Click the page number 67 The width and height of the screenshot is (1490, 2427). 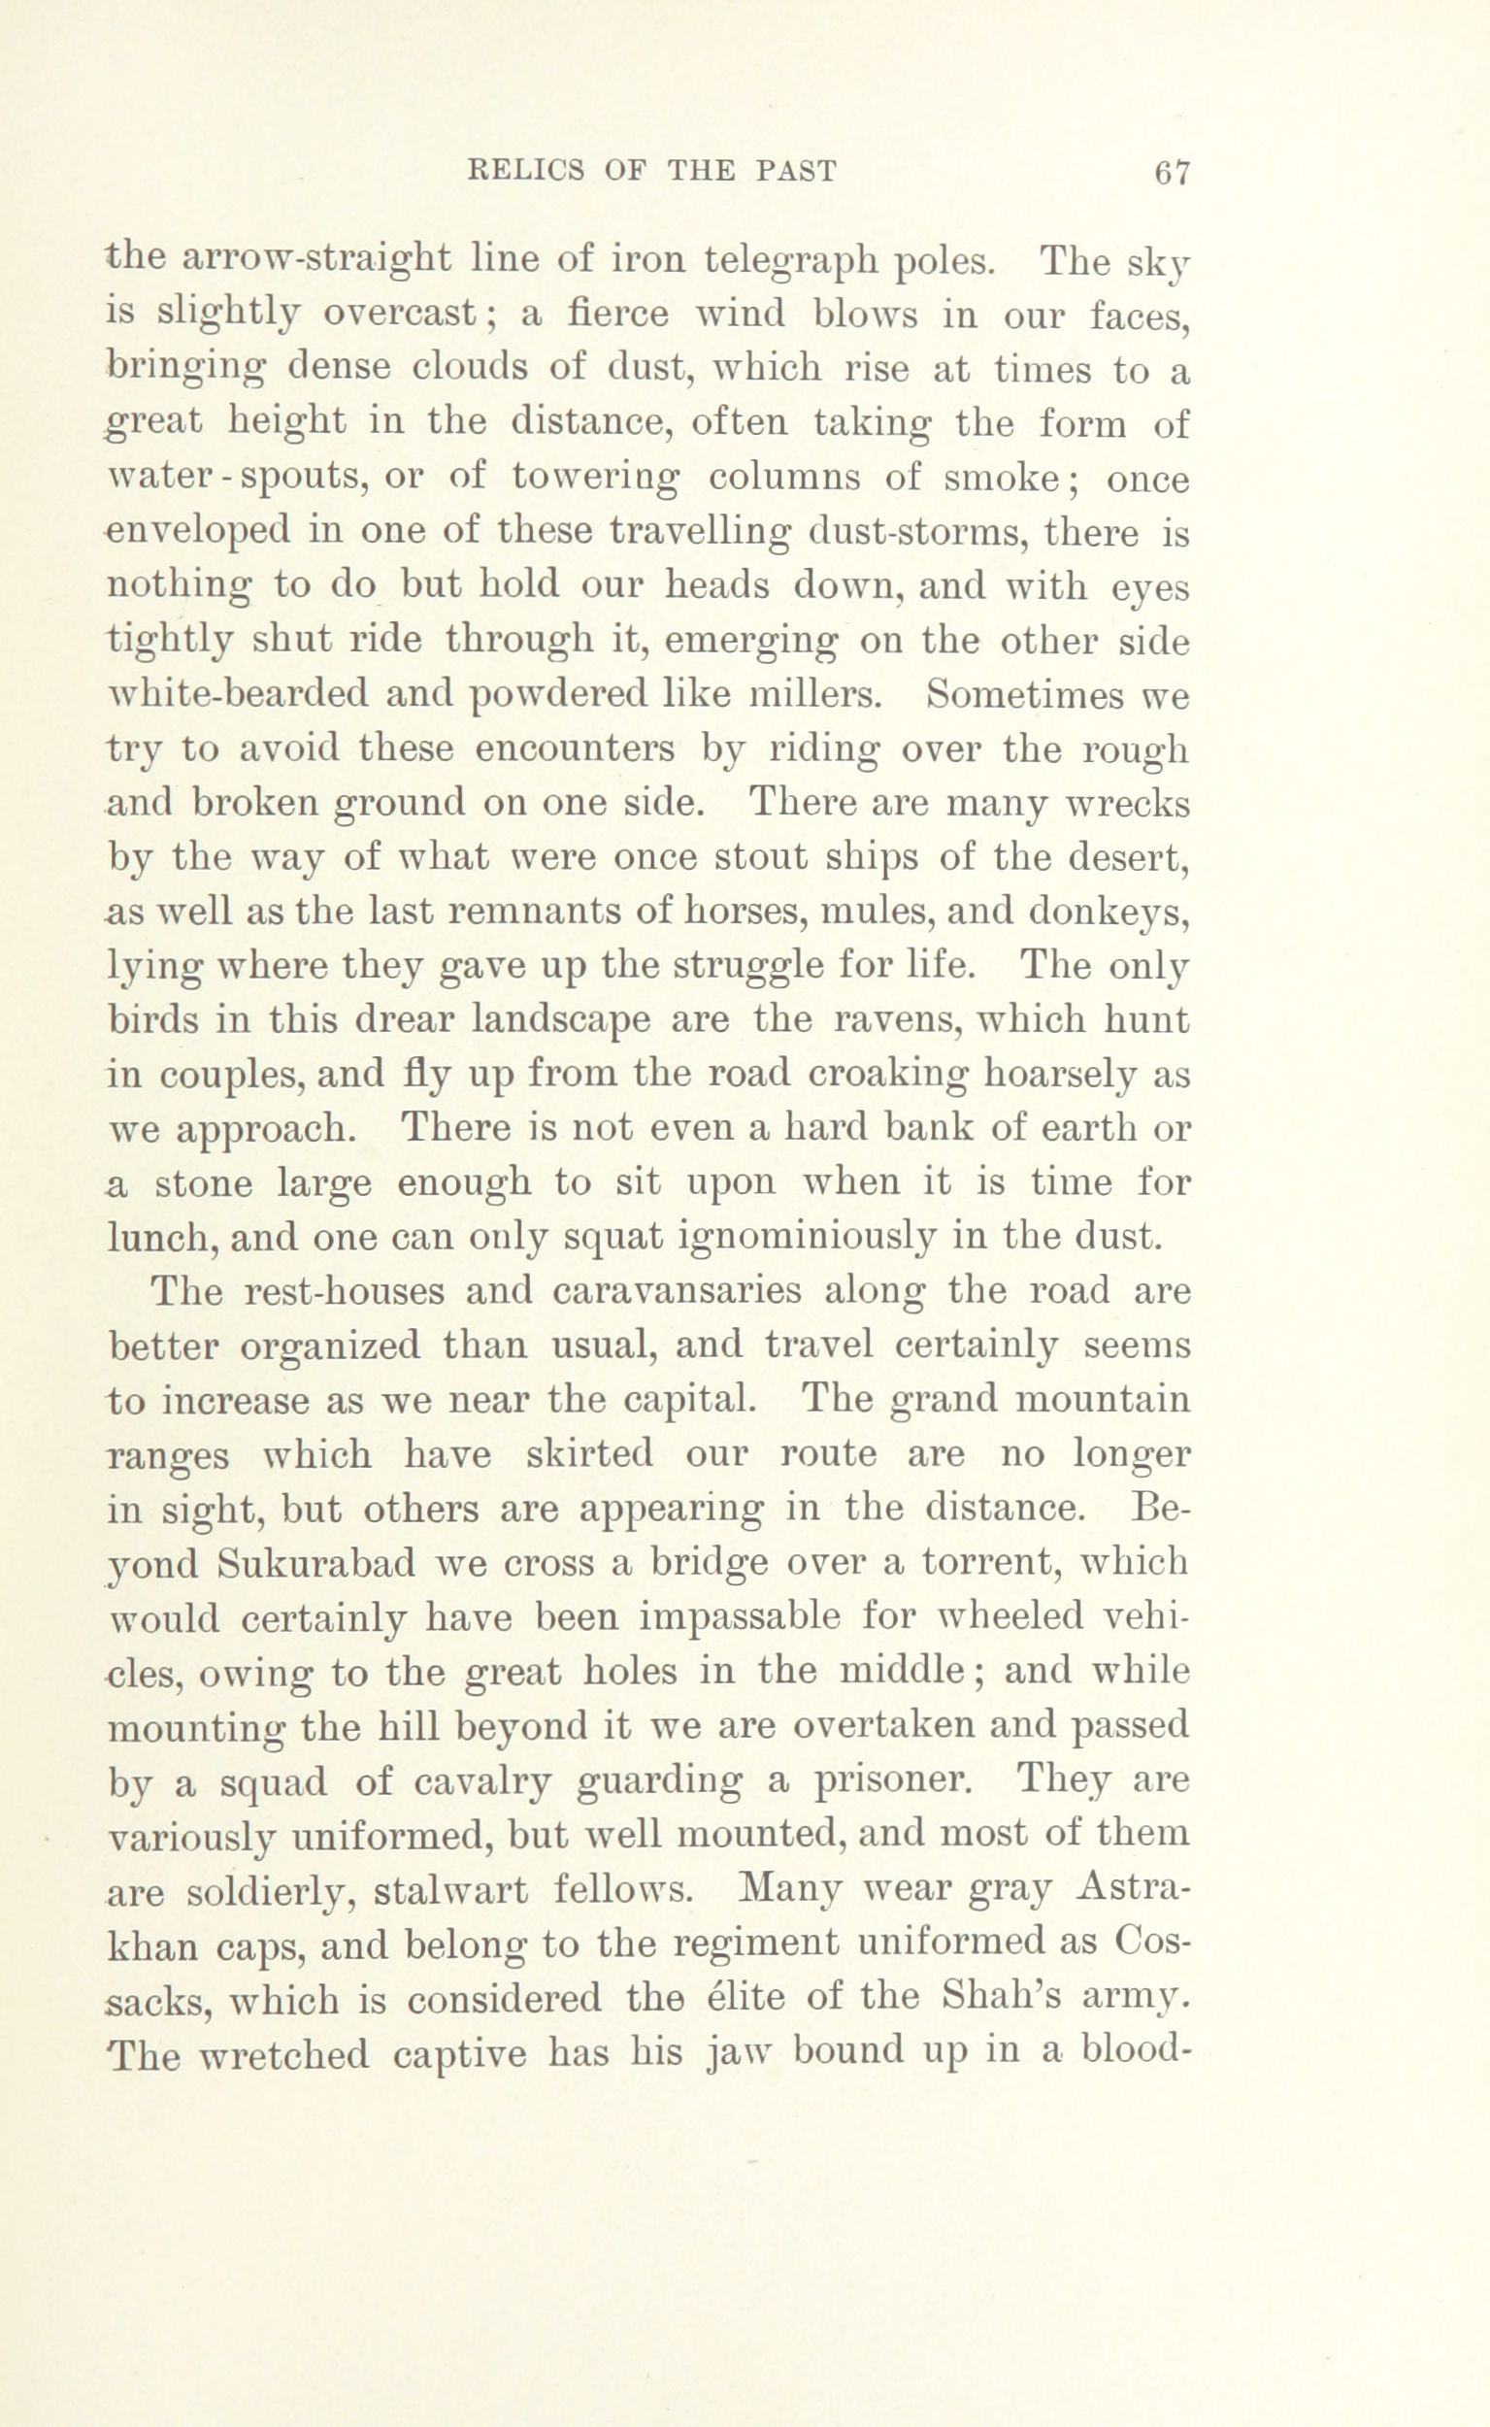tap(1172, 174)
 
